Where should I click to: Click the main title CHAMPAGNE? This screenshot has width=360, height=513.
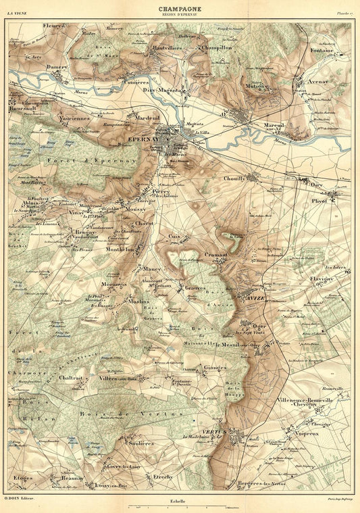click(180, 9)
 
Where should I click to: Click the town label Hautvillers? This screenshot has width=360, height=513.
click(167, 48)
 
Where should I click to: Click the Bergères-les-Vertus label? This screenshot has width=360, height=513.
click(261, 485)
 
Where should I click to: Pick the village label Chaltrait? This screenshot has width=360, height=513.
click(71, 378)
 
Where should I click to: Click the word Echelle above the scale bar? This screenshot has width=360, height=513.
click(180, 501)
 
